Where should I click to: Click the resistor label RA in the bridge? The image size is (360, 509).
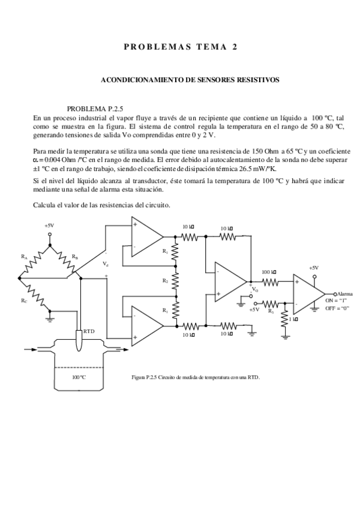pyautogui.click(x=25, y=256)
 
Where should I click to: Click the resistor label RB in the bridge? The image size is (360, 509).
pyautogui.click(x=74, y=256)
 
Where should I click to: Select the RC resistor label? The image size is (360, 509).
pyautogui.click(x=23, y=300)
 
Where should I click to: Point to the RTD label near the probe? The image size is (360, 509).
pyautogui.click(x=89, y=331)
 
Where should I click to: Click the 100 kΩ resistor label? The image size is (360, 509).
pyautogui.click(x=268, y=273)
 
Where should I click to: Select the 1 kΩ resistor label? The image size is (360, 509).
pyautogui.click(x=292, y=319)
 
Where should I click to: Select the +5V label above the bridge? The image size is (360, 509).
pyautogui.click(x=49, y=226)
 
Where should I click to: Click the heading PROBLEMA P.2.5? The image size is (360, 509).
pyautogui.click(x=94, y=109)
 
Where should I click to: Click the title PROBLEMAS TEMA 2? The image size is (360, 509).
pyautogui.click(x=180, y=47)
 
